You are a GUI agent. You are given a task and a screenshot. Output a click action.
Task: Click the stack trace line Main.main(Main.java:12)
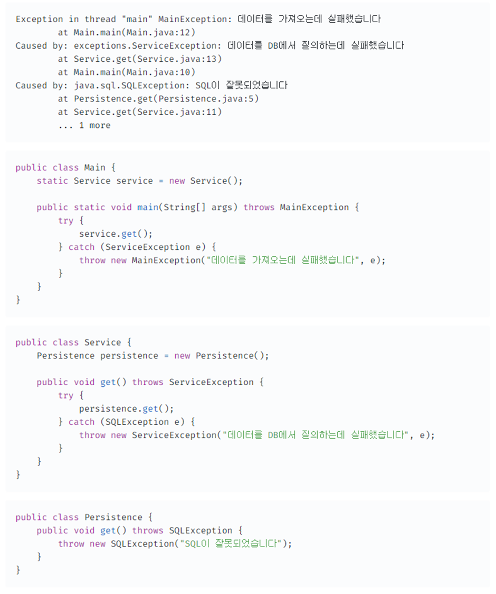pos(135,32)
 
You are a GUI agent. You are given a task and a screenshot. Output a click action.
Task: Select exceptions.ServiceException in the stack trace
pos(145,45)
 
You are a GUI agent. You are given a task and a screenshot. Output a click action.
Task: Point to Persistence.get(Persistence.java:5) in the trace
pos(166,98)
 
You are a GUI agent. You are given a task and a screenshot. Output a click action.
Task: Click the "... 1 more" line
pos(84,125)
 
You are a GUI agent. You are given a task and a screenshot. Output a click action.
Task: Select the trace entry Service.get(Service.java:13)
pos(148,59)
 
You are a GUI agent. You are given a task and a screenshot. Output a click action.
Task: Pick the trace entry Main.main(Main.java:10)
pos(135,72)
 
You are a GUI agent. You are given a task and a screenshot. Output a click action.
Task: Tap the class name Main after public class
pos(94,168)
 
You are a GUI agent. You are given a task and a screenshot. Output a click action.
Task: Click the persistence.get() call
pos(126,409)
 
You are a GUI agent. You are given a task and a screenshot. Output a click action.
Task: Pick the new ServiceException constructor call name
pos(174,435)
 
